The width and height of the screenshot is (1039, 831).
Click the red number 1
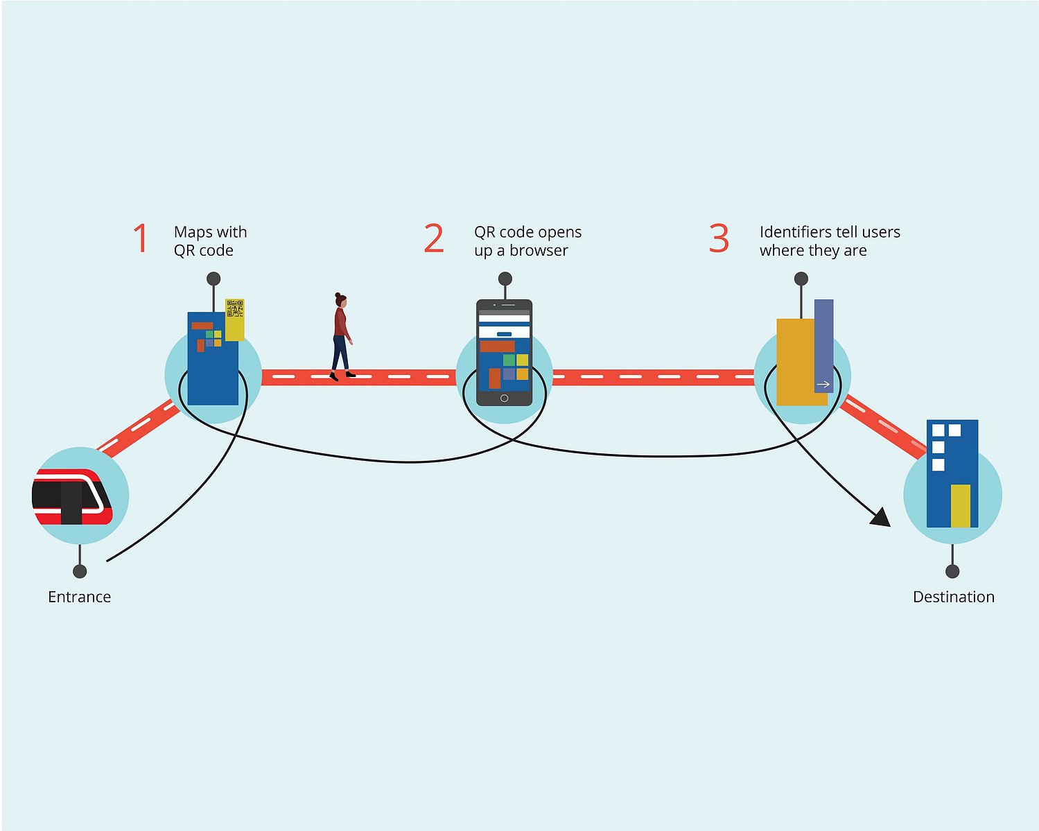point(141,238)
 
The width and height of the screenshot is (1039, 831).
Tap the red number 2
point(434,238)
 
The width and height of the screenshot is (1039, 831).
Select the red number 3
point(719,238)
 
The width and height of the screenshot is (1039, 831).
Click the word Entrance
point(79,597)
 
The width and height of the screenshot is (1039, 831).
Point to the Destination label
point(954,597)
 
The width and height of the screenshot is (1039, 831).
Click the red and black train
point(72,496)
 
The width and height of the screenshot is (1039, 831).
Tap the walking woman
point(342,337)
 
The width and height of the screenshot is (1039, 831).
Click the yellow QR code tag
point(235,320)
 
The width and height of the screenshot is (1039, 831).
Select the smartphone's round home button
point(504,399)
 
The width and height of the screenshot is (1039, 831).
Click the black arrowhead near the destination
point(881,518)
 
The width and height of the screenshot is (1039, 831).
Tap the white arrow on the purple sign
point(823,385)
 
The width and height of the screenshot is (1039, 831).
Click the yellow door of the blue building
point(960,505)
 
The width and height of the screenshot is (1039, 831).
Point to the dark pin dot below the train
point(80,571)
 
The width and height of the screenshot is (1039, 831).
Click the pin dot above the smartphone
point(505,279)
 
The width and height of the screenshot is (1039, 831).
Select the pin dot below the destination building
point(952,571)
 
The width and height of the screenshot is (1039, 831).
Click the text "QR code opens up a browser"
point(527,241)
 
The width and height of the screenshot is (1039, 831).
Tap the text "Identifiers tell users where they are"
point(830,241)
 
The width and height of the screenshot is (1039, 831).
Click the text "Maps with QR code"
point(210,241)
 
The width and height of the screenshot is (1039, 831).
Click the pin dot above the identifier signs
point(801,279)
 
